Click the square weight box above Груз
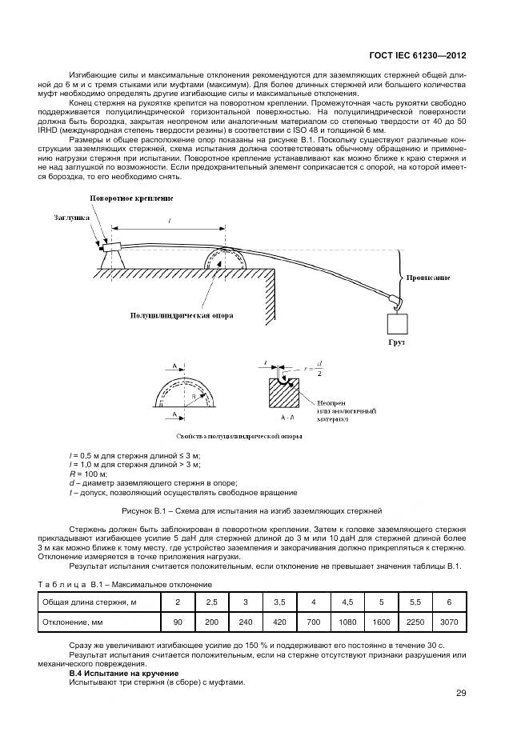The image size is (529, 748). pyautogui.click(x=398, y=324)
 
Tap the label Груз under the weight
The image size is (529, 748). pyautogui.click(x=398, y=342)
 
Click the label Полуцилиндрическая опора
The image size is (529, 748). pyautogui.click(x=182, y=315)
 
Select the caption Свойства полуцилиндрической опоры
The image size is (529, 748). pyautogui.click(x=228, y=437)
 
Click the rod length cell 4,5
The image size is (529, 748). pyautogui.click(x=347, y=601)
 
